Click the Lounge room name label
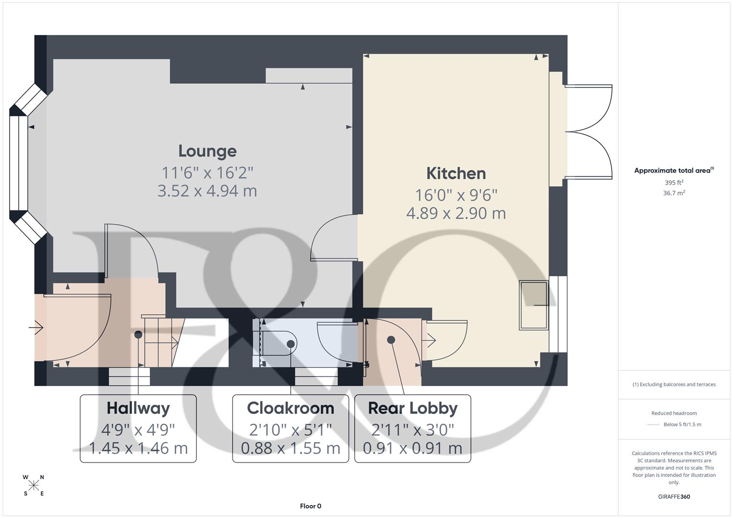[x=207, y=151]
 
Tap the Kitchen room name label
[x=456, y=173]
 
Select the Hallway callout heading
[x=138, y=408]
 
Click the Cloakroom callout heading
[x=290, y=408]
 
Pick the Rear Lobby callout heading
[x=412, y=408]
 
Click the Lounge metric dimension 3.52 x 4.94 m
[x=207, y=191]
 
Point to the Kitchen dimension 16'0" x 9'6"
[x=456, y=195]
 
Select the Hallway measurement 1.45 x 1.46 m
[x=138, y=448]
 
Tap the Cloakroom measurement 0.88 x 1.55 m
[x=290, y=448]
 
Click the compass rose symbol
[x=34, y=485]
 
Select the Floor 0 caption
[x=311, y=506]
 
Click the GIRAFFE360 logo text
[x=674, y=496]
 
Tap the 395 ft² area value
[x=674, y=183]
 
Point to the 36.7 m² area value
[x=674, y=193]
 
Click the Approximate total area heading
[x=673, y=170]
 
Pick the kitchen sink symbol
[x=533, y=305]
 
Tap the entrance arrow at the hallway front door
[x=36, y=328]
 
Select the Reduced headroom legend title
[x=674, y=413]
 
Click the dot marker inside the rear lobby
[x=391, y=340]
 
